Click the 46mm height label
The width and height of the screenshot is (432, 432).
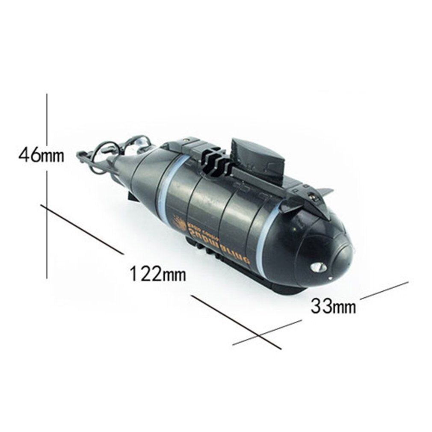[41, 155]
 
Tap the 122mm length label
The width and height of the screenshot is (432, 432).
[157, 273]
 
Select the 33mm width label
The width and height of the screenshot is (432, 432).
[333, 306]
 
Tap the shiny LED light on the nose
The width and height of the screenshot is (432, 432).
[319, 267]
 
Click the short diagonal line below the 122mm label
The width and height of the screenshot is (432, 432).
[235, 321]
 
